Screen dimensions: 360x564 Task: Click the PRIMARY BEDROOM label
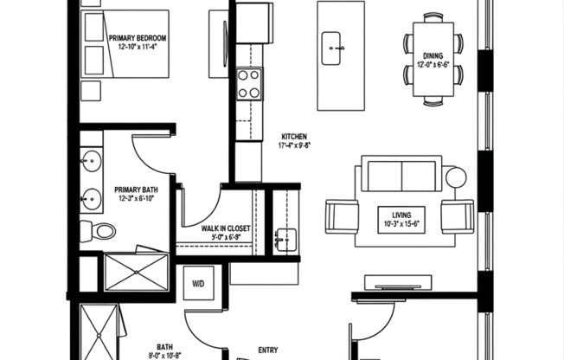[x=138, y=38]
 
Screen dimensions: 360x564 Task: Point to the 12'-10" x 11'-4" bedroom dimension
[x=138, y=48]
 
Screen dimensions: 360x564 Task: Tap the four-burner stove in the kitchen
[x=249, y=84]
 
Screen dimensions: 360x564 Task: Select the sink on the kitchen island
[x=333, y=48]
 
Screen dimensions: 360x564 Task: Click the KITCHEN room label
[x=295, y=137]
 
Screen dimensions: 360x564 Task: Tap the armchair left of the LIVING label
[x=342, y=215]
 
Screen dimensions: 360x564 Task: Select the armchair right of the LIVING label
[x=457, y=215]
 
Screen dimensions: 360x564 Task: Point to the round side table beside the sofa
[x=456, y=178]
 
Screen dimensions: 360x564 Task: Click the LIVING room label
[x=401, y=214]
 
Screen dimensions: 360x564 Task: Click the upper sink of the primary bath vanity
[x=91, y=160]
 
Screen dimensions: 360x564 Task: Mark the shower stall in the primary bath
[x=136, y=271]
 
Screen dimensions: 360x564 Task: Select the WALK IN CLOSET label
[x=226, y=228]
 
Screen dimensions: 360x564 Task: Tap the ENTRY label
[x=268, y=350]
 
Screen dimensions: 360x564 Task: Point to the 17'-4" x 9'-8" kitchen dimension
[x=295, y=146]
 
